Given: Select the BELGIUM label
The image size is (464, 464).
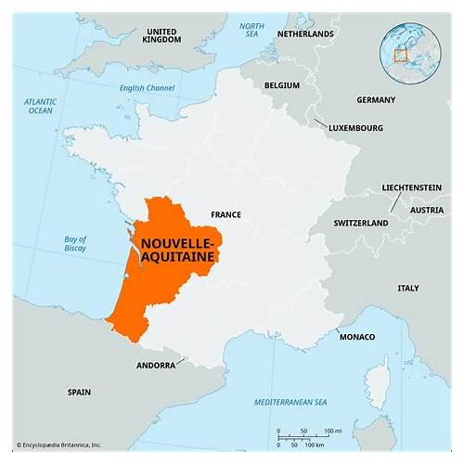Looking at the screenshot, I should coord(281,84).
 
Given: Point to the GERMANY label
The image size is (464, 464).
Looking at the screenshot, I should coord(376,99).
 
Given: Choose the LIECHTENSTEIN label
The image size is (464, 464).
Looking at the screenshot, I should coord(411,187).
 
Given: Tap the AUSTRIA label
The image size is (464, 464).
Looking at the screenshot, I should coord(427,210).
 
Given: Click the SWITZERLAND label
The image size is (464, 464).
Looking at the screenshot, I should coord(361,224).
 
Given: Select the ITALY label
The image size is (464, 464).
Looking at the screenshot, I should coord(408,288).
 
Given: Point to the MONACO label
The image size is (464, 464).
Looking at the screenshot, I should coord(357,335).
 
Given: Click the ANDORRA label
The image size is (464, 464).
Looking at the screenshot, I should coord(155,366).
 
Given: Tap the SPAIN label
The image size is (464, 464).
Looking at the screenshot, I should coord(79,393).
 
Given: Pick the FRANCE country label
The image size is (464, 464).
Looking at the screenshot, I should coord(226,214).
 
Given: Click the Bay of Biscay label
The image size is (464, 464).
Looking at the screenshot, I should coord(75,244).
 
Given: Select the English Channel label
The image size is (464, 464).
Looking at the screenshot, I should coord(147,88).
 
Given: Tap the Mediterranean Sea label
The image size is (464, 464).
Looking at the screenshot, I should coord(292,402).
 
